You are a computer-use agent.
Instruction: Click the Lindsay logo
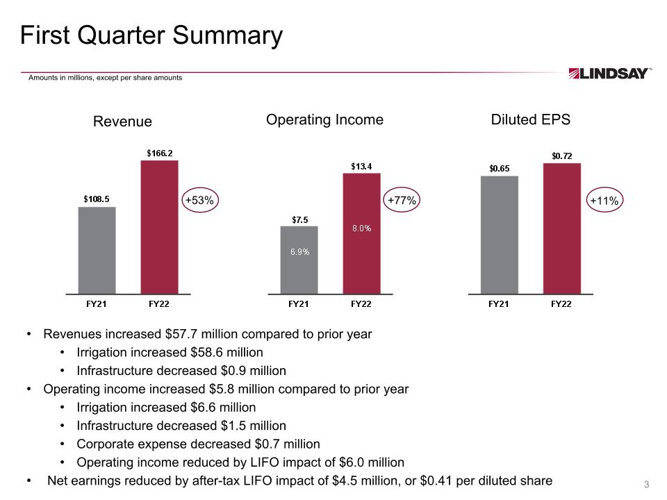609,74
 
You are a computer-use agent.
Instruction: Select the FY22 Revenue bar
160,227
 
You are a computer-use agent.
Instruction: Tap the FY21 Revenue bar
97,251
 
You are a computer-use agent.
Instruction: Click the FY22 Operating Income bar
361,233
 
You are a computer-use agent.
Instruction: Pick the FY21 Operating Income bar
299,260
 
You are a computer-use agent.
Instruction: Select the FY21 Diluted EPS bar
500,235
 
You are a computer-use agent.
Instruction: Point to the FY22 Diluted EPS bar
562,228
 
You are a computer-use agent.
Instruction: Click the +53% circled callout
200,200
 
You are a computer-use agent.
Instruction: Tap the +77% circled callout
402,200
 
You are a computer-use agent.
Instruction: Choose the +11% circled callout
604,200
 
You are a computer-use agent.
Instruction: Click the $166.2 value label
160,153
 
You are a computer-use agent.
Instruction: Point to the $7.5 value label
300,220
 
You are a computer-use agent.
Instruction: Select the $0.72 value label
562,156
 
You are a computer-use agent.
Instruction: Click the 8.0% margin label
361,228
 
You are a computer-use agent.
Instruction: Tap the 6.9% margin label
300,251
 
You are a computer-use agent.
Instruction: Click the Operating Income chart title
324,120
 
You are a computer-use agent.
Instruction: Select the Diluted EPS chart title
530,119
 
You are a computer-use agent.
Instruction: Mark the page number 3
646,484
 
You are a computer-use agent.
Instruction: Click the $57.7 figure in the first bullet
181,334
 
